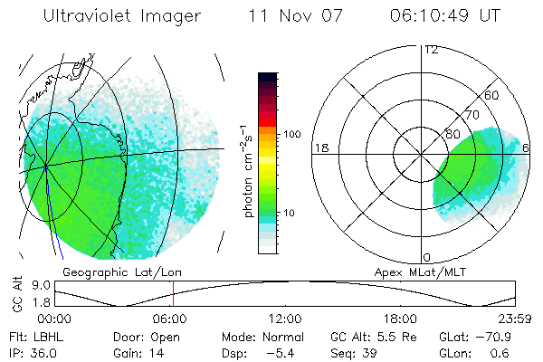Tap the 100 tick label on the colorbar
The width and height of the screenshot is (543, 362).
291,134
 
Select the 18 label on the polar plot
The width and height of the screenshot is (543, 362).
320,148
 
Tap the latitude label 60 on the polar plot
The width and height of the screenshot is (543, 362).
493,95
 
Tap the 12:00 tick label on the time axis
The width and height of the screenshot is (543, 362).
285,319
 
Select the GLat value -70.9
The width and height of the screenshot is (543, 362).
511,336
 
